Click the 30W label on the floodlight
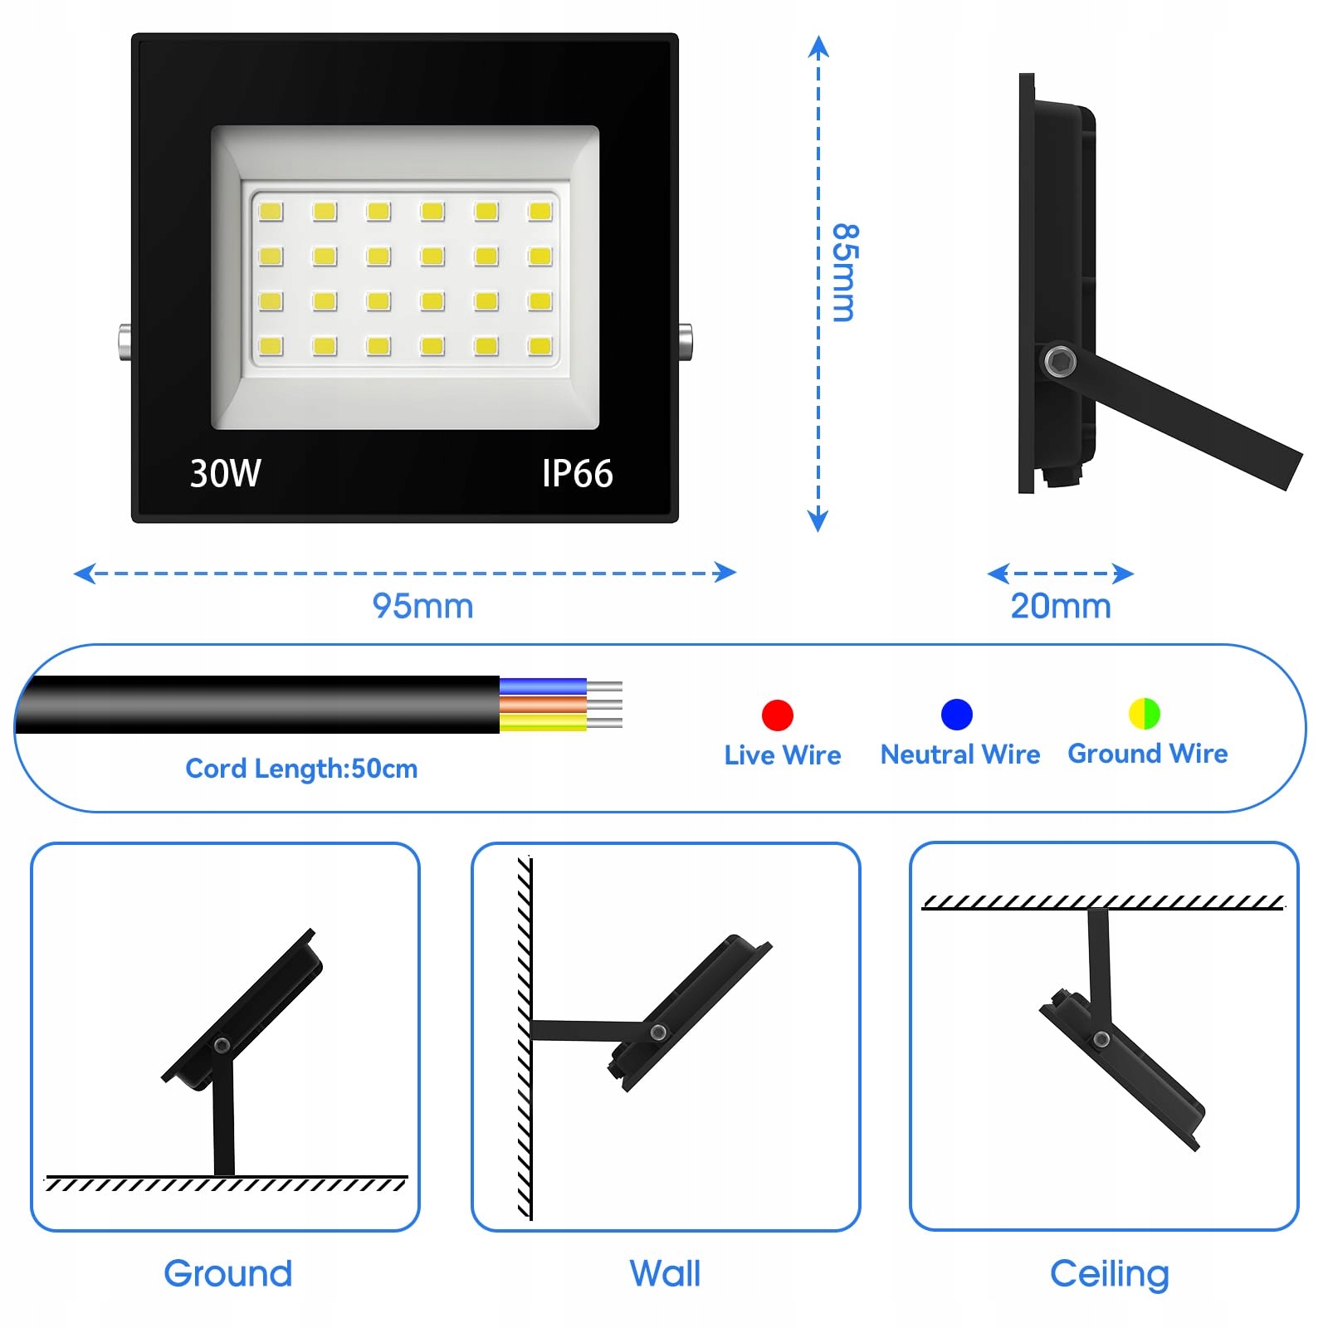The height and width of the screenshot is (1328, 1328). [x=225, y=474]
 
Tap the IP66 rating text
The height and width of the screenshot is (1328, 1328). [x=577, y=474]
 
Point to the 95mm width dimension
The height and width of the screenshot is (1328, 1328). [x=422, y=606]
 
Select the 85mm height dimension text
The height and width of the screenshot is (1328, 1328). [x=845, y=272]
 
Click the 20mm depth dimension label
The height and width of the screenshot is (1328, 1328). [x=1060, y=606]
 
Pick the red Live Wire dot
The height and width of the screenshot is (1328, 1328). [x=778, y=715]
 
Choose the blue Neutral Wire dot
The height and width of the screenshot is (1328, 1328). [x=956, y=714]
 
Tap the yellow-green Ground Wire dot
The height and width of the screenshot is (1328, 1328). [x=1144, y=713]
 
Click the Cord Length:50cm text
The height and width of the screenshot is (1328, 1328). [x=301, y=769]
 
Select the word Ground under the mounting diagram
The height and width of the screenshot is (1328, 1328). [x=228, y=1273]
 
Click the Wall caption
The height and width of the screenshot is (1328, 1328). [x=665, y=1273]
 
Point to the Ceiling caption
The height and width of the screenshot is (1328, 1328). [x=1109, y=1274]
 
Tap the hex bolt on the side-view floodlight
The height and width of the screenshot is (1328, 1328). [x=1059, y=361]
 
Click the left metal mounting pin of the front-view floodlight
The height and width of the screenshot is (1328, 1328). [x=124, y=341]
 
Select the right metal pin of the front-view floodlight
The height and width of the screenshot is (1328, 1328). [x=686, y=341]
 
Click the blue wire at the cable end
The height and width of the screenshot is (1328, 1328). [x=543, y=686]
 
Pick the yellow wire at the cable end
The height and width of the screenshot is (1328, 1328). [x=543, y=723]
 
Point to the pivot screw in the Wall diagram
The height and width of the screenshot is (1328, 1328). [x=658, y=1033]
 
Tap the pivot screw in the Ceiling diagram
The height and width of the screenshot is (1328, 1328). [x=1101, y=1039]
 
